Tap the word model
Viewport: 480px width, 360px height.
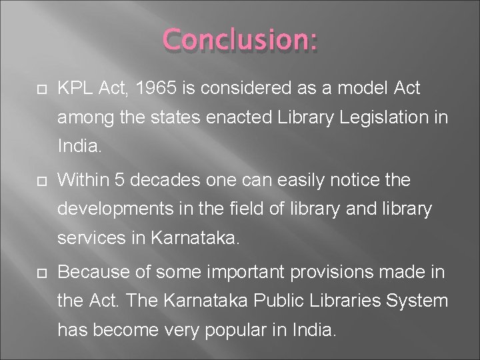[364, 88]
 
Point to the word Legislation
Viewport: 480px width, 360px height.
[387, 119]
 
